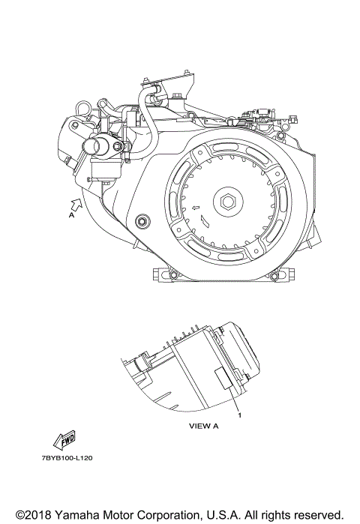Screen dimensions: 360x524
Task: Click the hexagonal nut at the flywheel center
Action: coord(228,202)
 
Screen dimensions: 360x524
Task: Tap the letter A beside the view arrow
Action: coord(71,215)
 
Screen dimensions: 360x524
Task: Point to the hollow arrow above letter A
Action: coord(76,203)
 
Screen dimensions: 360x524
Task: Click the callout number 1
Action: coord(239,415)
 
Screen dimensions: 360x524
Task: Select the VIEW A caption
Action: coord(203,426)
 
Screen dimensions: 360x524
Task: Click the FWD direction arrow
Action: coord(64,440)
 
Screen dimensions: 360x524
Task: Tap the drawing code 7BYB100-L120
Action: coord(67,458)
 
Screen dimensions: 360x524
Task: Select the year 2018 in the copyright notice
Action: coord(38,515)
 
